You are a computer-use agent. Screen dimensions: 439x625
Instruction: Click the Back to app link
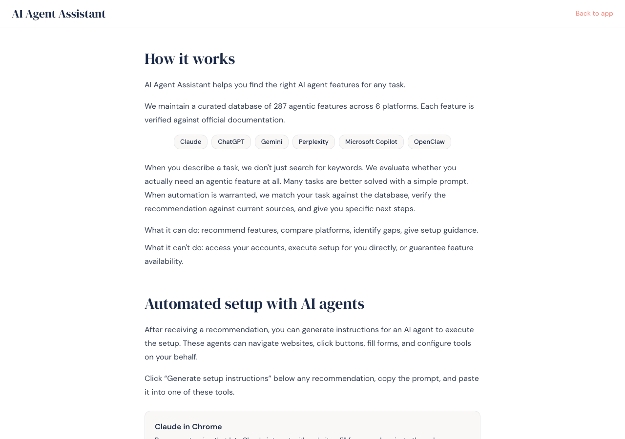pyautogui.click(x=594, y=14)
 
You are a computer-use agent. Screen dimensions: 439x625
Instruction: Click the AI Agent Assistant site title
pyautogui.click(x=59, y=14)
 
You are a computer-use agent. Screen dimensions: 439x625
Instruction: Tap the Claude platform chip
pyautogui.click(x=190, y=142)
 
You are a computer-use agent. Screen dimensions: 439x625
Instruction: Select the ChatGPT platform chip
pyautogui.click(x=231, y=142)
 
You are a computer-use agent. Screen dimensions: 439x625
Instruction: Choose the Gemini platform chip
pyautogui.click(x=271, y=142)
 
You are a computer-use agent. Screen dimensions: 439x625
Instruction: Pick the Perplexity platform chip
pyautogui.click(x=313, y=142)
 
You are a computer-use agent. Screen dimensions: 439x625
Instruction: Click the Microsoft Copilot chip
pyautogui.click(x=371, y=142)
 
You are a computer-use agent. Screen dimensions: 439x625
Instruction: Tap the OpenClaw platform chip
pyautogui.click(x=429, y=142)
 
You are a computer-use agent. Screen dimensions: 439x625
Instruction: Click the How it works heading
pyautogui.click(x=189, y=59)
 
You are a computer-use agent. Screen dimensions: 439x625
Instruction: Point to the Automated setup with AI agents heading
pyautogui.click(x=254, y=304)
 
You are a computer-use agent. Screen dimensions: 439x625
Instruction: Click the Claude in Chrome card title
pyautogui.click(x=188, y=427)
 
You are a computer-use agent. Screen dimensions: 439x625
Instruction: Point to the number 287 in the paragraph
pyautogui.click(x=280, y=106)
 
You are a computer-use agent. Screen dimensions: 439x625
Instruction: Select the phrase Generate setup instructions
pyautogui.click(x=219, y=379)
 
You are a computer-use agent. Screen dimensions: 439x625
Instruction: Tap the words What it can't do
pyautogui.click(x=173, y=248)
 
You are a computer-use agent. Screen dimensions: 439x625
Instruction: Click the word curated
pyautogui.click(x=213, y=106)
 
